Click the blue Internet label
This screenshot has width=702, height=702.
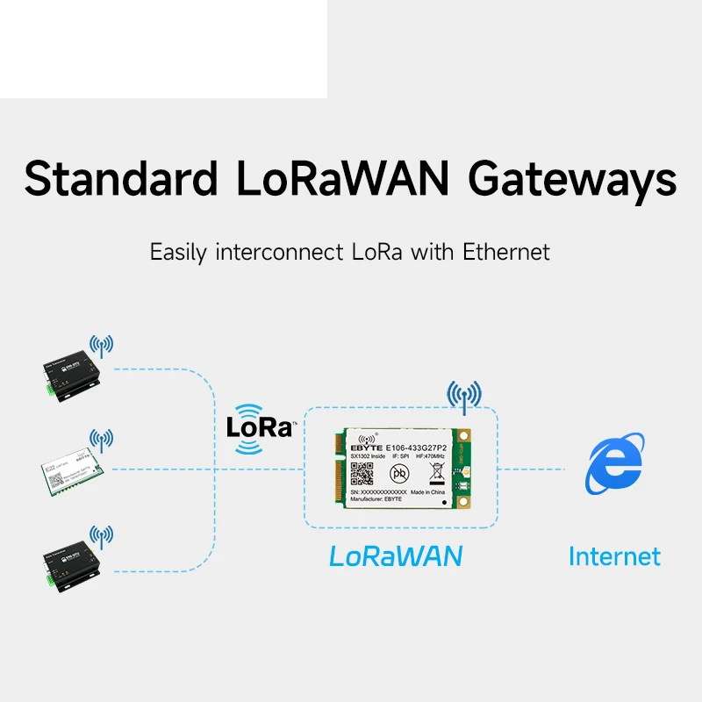coord(614,555)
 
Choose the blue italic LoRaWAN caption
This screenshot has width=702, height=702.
coord(396,556)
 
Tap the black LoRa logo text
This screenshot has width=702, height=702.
coord(259,427)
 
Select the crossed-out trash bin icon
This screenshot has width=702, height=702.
coord(436,472)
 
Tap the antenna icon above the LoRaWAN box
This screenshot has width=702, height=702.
coord(464,398)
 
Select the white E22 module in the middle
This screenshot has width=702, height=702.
coord(69,470)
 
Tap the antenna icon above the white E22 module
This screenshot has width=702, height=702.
coord(101,440)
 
